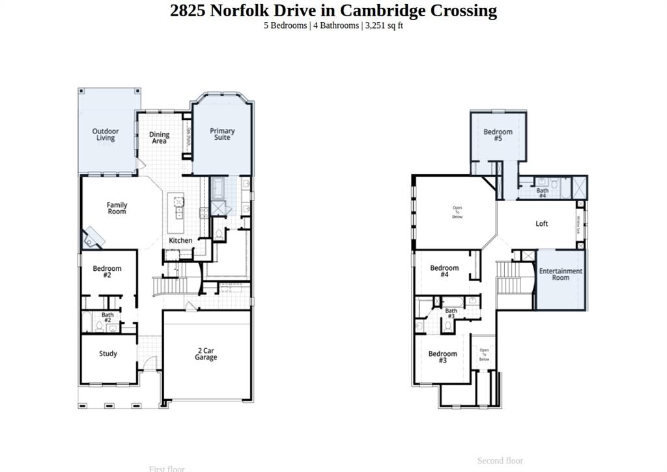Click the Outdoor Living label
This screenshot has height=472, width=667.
106,135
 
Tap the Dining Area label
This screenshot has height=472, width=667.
159,138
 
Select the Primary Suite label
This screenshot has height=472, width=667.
222,134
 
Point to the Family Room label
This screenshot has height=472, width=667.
117,208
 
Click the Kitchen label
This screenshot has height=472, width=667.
180,241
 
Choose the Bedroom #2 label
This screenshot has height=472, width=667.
107,272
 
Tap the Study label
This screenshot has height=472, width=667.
108,354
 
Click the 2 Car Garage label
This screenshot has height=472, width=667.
206,354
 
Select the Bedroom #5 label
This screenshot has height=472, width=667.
498,135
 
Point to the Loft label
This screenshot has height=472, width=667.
542,224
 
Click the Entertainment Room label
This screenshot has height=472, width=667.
561,274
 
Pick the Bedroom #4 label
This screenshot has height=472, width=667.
444,271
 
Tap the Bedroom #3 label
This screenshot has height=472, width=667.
442,357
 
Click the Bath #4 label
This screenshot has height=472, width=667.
542,193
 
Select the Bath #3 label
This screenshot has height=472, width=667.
451,314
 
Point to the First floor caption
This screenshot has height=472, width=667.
167,469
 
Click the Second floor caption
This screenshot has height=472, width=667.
500,461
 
